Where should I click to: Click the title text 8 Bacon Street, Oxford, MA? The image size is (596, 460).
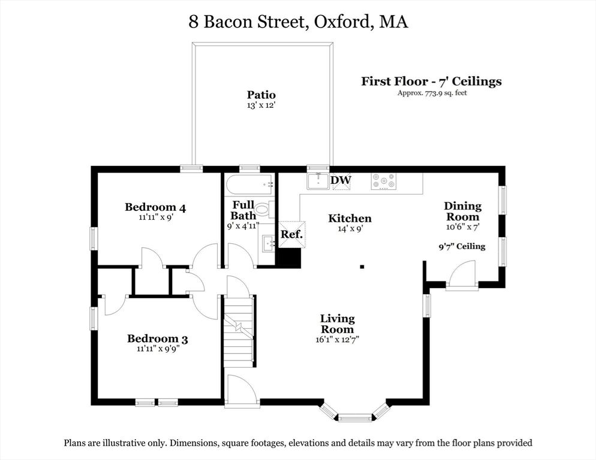(298, 22)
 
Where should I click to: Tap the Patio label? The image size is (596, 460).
(261, 95)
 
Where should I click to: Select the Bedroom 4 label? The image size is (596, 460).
(155, 207)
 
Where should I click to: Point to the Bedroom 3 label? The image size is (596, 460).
(158, 339)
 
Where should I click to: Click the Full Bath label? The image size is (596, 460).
(243, 210)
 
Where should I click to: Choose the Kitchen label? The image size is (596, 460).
(350, 218)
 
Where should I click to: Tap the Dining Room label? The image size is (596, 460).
(462, 211)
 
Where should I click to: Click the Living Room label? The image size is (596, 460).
(337, 323)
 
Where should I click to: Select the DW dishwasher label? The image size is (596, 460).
(341, 180)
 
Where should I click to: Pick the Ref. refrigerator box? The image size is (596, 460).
(292, 234)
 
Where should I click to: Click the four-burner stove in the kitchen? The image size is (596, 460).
(383, 181)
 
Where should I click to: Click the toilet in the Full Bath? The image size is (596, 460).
(264, 209)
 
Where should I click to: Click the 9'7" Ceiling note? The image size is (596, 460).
(462, 246)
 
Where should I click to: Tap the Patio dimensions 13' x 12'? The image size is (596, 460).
(261, 105)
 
